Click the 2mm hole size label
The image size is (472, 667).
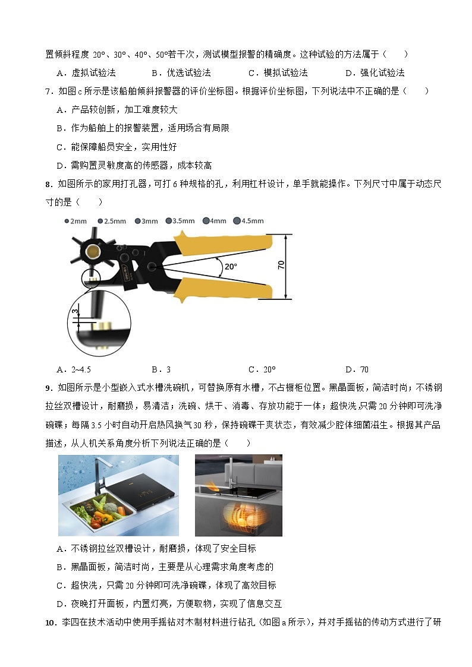pyautogui.click(x=75, y=221)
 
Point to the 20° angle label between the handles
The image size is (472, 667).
pyautogui.click(x=231, y=267)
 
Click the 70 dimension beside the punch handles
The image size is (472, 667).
pyautogui.click(x=281, y=265)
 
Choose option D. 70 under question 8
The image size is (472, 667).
pyautogui.click(x=357, y=369)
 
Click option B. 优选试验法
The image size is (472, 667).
pyautogui.click(x=181, y=72)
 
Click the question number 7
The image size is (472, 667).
pyautogui.click(x=48, y=91)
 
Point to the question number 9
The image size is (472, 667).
pyautogui.click(x=48, y=388)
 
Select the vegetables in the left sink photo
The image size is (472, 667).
pyautogui.click(x=106, y=511)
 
